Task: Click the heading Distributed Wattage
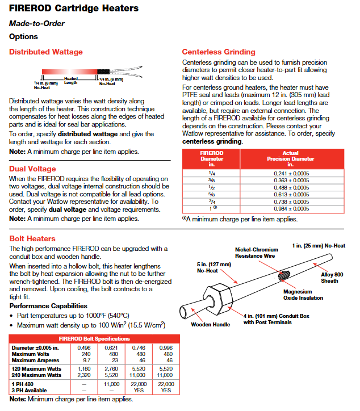pos(45,52)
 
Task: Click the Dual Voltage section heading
pos(32,169)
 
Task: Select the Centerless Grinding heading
pos(219,52)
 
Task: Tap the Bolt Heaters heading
pos(32,238)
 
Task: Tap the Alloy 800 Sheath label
pos(329,278)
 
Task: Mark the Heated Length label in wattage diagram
pos(70,81)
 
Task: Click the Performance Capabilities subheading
pos(46,305)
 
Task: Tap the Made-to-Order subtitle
pos(36,23)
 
